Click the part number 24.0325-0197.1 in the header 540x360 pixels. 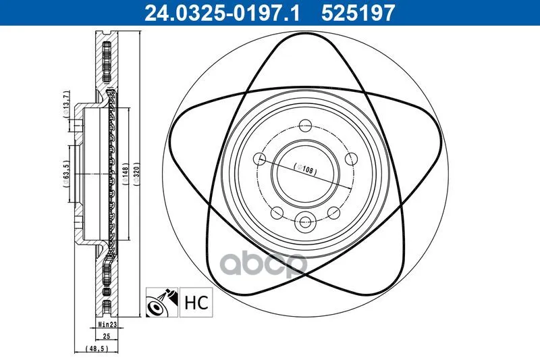[x=223, y=13]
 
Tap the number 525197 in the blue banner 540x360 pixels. [x=358, y=13]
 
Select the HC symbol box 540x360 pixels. [x=196, y=303]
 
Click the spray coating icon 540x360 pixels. [x=162, y=303]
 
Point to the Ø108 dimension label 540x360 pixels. [x=305, y=169]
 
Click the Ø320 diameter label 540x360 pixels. [x=136, y=174]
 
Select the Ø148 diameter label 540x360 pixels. [x=126, y=174]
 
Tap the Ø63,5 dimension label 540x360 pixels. [x=66, y=174]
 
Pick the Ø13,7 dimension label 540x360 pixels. [x=66, y=105]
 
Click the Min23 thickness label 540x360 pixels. [x=108, y=324]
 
